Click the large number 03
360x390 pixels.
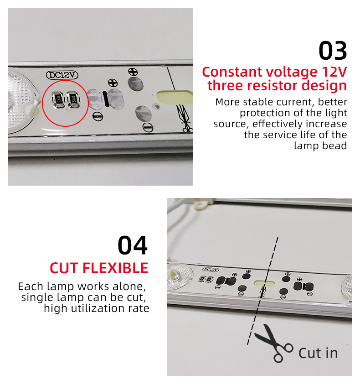(333, 51)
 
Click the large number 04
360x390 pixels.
(133, 245)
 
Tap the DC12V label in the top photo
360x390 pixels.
(62, 75)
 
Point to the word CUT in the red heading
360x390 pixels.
(64, 268)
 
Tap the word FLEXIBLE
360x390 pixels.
(115, 268)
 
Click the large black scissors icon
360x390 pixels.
(273, 343)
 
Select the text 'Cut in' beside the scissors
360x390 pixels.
(318, 353)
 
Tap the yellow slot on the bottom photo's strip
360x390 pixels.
(264, 283)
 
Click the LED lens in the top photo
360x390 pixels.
(21, 102)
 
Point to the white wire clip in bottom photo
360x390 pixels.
(201, 205)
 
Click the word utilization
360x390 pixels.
(98, 309)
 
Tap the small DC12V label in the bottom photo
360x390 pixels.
(211, 270)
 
